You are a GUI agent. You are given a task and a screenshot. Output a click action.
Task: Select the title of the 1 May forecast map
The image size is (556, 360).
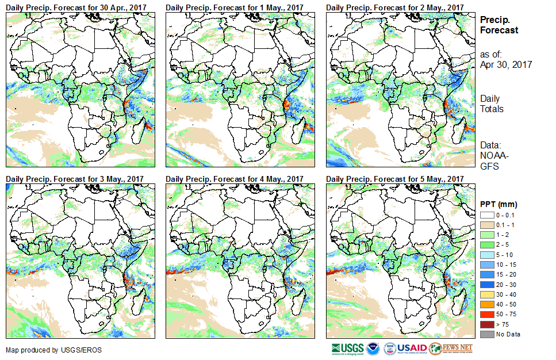coord(234,7)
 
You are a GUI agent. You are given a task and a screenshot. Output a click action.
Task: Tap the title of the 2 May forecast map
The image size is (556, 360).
coord(394,7)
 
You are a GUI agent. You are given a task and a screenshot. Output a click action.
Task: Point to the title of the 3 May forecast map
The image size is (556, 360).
coord(75,179)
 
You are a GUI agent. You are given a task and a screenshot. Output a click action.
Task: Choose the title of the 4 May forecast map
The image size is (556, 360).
coord(234,179)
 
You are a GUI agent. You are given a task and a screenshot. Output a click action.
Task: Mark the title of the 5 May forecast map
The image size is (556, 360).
coord(394,179)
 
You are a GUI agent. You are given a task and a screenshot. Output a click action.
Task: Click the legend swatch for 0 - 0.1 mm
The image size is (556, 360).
coord(486,215)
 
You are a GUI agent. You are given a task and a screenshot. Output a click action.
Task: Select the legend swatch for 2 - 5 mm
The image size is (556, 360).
coord(486,244)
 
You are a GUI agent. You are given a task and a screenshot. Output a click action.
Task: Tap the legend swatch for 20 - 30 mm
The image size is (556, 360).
coord(486,284)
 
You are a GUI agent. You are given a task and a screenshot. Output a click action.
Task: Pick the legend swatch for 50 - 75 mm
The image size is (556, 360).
coord(486,314)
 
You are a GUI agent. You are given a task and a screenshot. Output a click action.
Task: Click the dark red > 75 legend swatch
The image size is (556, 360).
coord(486,324)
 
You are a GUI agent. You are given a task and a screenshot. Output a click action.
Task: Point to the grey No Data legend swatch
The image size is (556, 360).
coord(486,334)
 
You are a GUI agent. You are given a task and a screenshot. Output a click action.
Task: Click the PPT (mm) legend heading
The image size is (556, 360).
coord(499,204)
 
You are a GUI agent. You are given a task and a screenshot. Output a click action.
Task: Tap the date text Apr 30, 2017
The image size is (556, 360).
coord(506,64)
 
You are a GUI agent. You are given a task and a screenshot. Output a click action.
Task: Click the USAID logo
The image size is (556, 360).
coord(405,348)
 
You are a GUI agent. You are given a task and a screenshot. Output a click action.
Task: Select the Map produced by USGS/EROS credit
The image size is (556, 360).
coord(47,350)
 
